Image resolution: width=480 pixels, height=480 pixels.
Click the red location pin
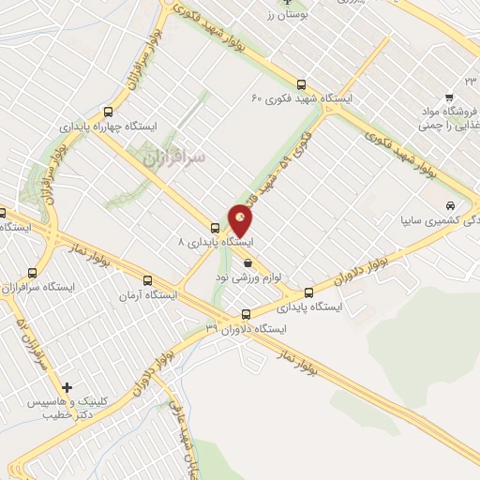click(241, 221)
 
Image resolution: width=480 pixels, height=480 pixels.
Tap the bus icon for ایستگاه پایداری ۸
click(215, 228)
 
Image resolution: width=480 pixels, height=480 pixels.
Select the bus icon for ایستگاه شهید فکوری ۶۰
click(300, 83)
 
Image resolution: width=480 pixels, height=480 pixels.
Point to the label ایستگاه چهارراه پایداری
click(110, 124)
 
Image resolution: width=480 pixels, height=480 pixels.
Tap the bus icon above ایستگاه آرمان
click(147, 280)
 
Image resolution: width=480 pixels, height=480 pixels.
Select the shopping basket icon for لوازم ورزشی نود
click(247, 263)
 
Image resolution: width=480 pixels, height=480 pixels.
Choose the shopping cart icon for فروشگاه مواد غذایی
click(449, 97)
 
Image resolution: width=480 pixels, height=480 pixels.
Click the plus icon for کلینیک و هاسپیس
click(66, 386)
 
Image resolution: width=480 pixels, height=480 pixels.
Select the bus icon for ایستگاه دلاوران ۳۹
click(246, 315)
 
